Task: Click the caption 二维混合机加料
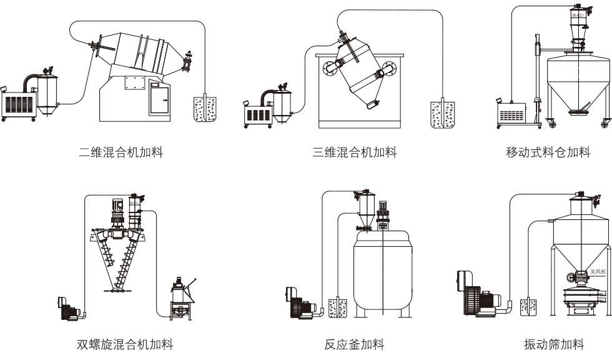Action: click(x=121, y=152)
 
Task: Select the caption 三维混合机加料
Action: click(x=355, y=152)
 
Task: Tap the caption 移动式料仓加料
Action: click(x=548, y=152)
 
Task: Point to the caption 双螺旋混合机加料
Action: click(x=125, y=344)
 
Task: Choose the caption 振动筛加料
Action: click(x=555, y=344)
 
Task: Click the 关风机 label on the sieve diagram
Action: click(x=598, y=272)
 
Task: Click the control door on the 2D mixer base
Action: click(x=159, y=99)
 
